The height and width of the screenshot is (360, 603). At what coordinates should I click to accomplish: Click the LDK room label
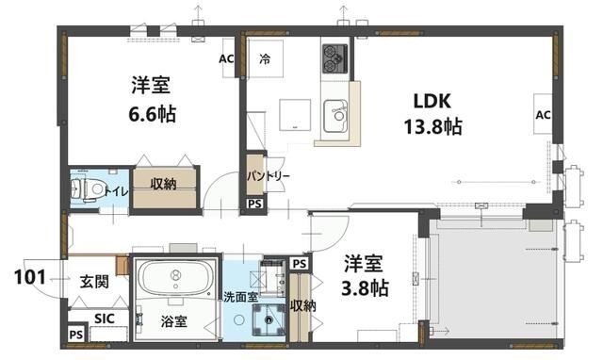(x=433, y=100)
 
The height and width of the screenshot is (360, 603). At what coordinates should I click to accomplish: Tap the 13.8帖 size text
(x=433, y=125)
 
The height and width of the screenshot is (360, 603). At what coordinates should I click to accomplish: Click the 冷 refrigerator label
(x=267, y=58)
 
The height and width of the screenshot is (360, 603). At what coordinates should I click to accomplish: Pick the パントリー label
(x=269, y=176)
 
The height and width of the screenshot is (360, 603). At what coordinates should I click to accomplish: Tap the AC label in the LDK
(x=543, y=115)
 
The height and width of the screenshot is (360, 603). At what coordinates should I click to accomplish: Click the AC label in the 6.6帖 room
(x=225, y=58)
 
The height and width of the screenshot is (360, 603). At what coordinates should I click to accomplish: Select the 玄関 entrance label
(x=93, y=282)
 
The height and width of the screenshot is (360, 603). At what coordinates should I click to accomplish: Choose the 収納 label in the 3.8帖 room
(x=302, y=304)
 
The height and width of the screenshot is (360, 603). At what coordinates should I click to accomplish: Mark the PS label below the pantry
(x=253, y=204)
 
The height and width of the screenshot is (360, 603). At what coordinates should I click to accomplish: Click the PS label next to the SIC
(x=75, y=335)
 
